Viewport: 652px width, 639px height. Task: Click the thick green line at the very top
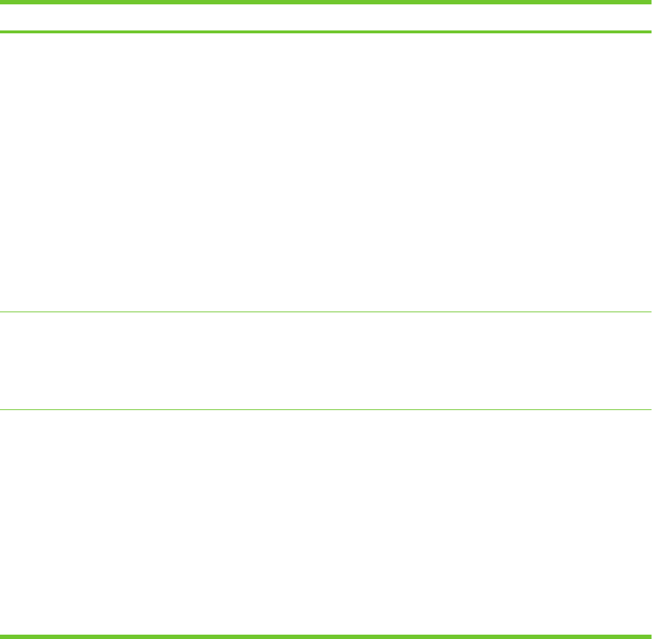click(326, 1)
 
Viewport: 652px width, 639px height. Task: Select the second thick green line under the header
click(326, 32)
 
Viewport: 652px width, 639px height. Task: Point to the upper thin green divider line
click(326, 312)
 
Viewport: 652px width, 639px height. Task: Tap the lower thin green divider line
click(326, 410)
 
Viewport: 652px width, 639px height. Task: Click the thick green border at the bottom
click(326, 636)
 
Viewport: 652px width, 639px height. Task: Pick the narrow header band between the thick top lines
click(326, 17)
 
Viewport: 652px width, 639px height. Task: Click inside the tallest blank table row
click(326, 172)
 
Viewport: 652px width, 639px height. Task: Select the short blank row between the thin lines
click(326, 361)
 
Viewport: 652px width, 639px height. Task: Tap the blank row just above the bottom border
click(326, 522)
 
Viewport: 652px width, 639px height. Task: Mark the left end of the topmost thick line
click(2, 1)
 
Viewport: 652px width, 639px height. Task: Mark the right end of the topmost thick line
click(649, 1)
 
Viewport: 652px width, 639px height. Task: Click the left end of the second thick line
click(2, 32)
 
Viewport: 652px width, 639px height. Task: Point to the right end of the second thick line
click(649, 32)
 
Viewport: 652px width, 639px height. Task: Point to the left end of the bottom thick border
click(2, 636)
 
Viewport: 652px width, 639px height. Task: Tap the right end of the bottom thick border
click(649, 636)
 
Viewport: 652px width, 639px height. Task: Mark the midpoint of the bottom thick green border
click(326, 636)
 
